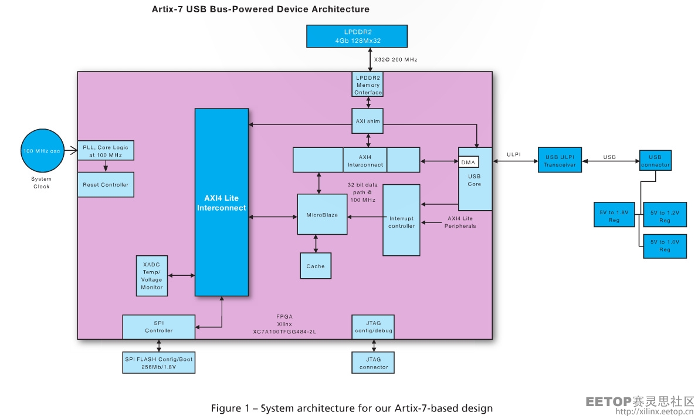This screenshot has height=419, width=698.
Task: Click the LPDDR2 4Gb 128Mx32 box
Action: click(x=357, y=36)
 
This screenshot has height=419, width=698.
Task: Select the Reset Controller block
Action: click(x=106, y=185)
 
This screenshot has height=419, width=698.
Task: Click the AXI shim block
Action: click(x=368, y=121)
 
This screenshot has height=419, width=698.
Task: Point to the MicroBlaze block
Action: click(x=322, y=215)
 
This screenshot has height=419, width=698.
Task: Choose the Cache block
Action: click(x=316, y=266)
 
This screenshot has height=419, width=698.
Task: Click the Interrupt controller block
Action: click(x=401, y=221)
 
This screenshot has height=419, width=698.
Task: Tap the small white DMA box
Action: click(x=468, y=162)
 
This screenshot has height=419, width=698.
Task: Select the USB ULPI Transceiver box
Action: click(x=560, y=160)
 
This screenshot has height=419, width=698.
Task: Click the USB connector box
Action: click(x=655, y=160)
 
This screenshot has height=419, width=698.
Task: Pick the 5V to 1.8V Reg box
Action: click(x=614, y=215)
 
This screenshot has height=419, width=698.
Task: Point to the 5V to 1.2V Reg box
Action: click(x=664, y=215)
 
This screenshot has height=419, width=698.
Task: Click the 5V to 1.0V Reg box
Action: click(x=664, y=245)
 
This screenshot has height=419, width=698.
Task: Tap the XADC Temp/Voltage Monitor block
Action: click(x=151, y=276)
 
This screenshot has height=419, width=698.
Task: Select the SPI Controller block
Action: click(x=159, y=327)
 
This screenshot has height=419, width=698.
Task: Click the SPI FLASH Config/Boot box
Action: click(x=159, y=363)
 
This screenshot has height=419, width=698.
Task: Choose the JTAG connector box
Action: click(x=373, y=363)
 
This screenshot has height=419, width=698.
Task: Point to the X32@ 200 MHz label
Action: click(x=395, y=60)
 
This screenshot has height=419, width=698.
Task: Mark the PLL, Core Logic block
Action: click(x=106, y=151)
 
